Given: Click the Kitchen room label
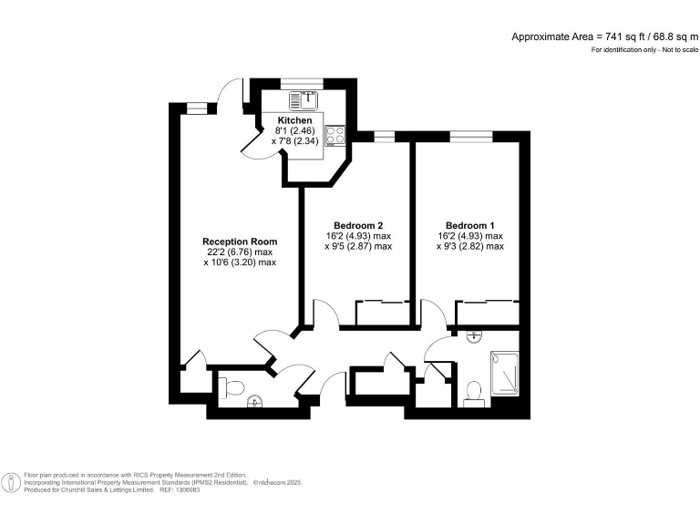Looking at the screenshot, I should [295, 120].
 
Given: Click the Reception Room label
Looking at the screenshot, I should [239, 242].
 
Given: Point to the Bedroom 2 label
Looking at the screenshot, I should [357, 225].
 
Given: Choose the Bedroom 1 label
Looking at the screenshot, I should [470, 225].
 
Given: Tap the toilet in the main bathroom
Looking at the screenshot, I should [473, 391].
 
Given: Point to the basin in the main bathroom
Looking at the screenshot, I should [473, 336].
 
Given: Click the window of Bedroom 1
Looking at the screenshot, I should [470, 137].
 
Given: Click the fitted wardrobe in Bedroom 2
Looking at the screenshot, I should [380, 313].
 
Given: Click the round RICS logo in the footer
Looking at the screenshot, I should [12, 482].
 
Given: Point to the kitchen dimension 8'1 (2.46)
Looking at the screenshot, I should [294, 131].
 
